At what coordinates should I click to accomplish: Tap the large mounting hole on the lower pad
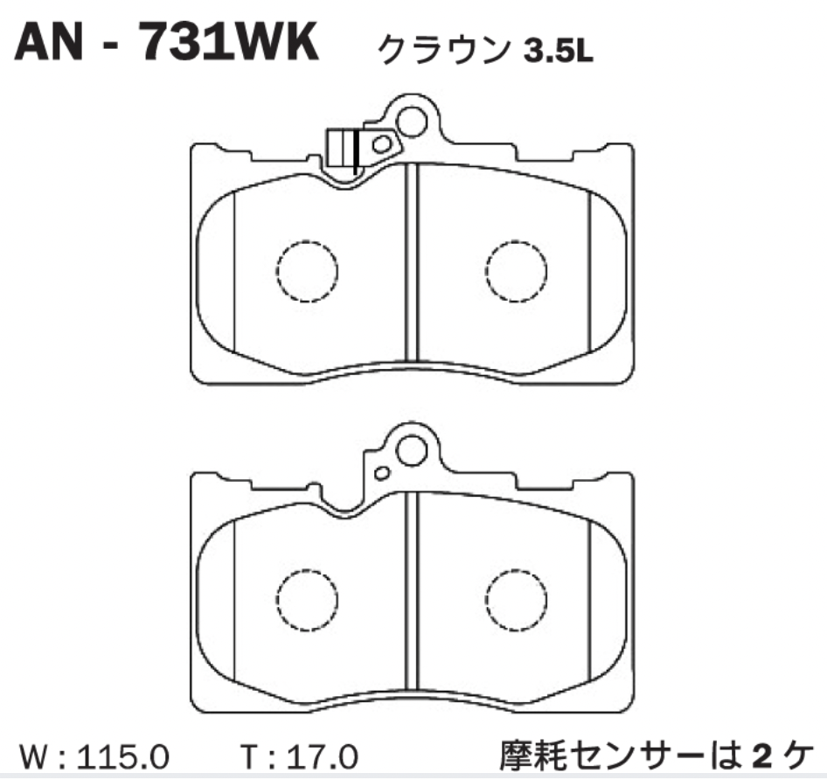(x=411, y=450)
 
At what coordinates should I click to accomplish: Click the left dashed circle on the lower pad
(x=306, y=601)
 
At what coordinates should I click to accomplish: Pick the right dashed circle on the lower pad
(x=517, y=601)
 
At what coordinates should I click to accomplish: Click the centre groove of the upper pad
(x=413, y=262)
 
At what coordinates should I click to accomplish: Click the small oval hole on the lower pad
(x=381, y=473)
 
